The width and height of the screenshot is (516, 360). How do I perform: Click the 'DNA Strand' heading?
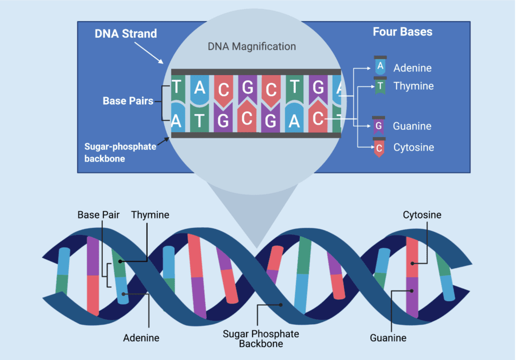[x=126, y=34]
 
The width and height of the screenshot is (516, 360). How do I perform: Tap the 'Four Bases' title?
[x=402, y=32]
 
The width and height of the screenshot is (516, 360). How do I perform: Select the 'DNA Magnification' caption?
[x=251, y=46]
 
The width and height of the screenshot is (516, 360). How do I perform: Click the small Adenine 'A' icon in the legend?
[x=380, y=66]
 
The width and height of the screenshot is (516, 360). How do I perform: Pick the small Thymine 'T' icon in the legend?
[x=380, y=86]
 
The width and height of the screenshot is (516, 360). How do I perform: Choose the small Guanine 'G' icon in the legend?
[x=379, y=126]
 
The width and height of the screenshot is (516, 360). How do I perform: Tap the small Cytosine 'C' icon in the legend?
[x=379, y=147]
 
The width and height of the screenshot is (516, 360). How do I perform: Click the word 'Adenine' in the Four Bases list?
[x=412, y=68]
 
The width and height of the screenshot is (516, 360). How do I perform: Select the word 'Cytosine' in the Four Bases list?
[x=413, y=148]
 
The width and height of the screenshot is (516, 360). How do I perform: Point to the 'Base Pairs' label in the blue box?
[x=128, y=101]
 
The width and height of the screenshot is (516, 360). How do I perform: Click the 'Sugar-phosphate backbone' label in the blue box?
[x=120, y=152]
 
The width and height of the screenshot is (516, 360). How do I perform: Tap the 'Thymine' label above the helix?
[x=150, y=215]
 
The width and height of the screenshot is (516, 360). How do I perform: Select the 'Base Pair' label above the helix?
[x=98, y=215]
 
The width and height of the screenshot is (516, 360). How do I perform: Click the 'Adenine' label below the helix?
[x=141, y=338]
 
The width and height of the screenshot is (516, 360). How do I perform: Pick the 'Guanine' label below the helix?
[x=388, y=338]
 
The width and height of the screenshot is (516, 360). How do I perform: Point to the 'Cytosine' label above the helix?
[x=422, y=215]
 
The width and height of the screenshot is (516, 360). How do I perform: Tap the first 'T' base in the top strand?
[x=177, y=88]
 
